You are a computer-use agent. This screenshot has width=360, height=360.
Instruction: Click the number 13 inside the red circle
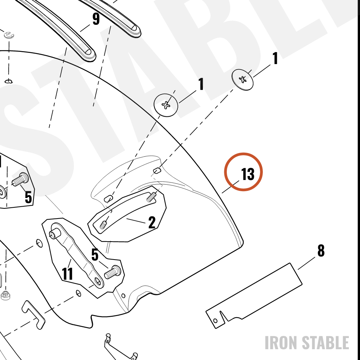click(x=248, y=174)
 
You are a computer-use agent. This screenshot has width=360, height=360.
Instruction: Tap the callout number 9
click(x=96, y=19)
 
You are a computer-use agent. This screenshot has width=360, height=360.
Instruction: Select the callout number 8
click(x=321, y=251)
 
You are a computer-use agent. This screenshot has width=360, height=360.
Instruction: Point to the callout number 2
click(x=152, y=222)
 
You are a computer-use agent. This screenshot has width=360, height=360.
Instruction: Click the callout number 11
click(x=68, y=274)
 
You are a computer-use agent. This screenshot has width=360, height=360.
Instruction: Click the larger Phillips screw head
click(x=166, y=105)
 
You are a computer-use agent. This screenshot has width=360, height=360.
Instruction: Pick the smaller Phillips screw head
click(x=242, y=80)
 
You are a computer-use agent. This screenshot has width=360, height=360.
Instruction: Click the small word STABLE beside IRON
click(x=325, y=343)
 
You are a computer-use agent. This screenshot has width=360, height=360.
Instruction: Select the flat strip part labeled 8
click(x=254, y=296)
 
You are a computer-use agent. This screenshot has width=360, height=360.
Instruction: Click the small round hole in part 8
click(x=215, y=320)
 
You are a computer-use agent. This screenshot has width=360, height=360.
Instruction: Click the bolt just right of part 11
click(x=112, y=272)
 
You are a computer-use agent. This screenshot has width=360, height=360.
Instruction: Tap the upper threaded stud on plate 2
click(x=152, y=197)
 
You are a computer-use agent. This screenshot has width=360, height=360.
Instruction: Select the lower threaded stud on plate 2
click(x=103, y=225)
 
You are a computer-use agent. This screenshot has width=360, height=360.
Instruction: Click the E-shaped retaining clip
click(x=9, y=35)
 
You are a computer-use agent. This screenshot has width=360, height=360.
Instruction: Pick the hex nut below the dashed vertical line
click(x=5, y=295)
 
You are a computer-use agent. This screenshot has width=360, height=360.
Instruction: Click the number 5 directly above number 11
click(x=95, y=255)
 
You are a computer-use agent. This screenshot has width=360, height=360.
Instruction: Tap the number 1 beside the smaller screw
click(x=275, y=58)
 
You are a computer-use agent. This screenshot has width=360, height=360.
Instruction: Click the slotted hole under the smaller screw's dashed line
click(x=157, y=171)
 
